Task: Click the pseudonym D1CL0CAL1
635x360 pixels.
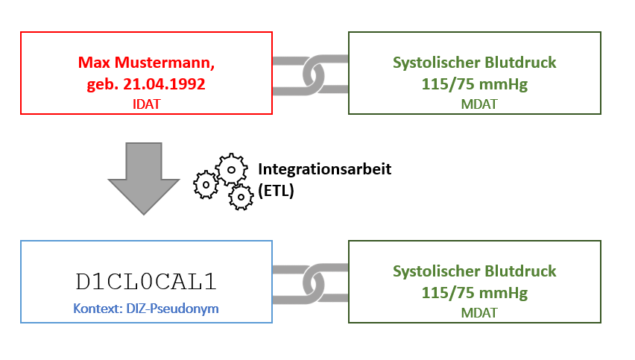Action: point(146,281)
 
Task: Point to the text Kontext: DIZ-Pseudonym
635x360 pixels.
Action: point(146,308)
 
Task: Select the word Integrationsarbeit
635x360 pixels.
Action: point(324,169)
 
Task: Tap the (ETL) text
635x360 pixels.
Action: point(277,190)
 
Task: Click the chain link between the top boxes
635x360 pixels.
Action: point(311,73)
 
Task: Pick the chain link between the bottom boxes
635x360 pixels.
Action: point(311,282)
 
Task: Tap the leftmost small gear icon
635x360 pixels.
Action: point(205,184)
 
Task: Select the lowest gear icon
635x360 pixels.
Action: point(241,197)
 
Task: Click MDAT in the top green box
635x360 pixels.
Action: point(474,104)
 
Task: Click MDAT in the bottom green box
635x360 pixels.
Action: point(474,313)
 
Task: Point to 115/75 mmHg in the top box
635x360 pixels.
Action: point(474,84)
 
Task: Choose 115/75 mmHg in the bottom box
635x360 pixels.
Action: point(474,292)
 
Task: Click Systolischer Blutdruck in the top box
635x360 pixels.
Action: point(474,63)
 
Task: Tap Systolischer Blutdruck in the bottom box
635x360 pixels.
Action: point(474,271)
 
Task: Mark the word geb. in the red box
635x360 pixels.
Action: point(101,84)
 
